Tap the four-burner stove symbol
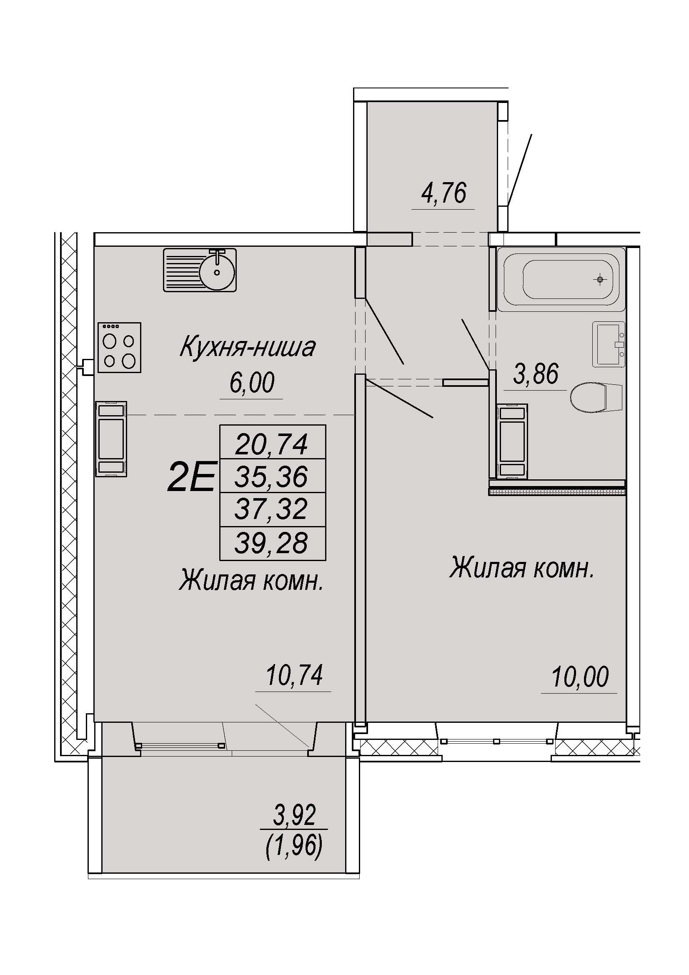click(x=120, y=347)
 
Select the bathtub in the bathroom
click(x=561, y=279)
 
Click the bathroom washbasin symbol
click(x=608, y=344)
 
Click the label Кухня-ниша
click(x=248, y=347)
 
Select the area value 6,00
click(x=252, y=383)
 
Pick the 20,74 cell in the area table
click(x=273, y=441)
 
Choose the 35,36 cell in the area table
click(x=273, y=476)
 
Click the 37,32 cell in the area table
click(x=273, y=509)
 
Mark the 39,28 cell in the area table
click(x=273, y=543)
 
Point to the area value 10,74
click(x=294, y=676)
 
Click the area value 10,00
click(x=580, y=677)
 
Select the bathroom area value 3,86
click(x=536, y=374)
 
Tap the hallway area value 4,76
click(x=443, y=193)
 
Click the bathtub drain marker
click(x=600, y=279)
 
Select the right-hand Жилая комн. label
click(x=522, y=569)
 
